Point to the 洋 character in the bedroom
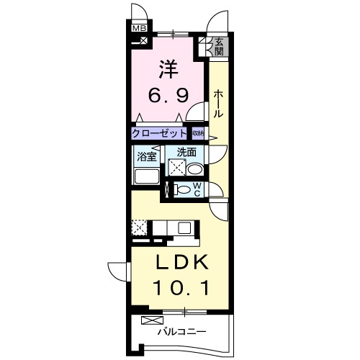[168, 70]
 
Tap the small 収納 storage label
[197, 133]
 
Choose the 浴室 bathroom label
[146, 156]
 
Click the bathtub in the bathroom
[146, 176]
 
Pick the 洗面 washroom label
[186, 152]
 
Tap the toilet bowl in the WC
[184, 190]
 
